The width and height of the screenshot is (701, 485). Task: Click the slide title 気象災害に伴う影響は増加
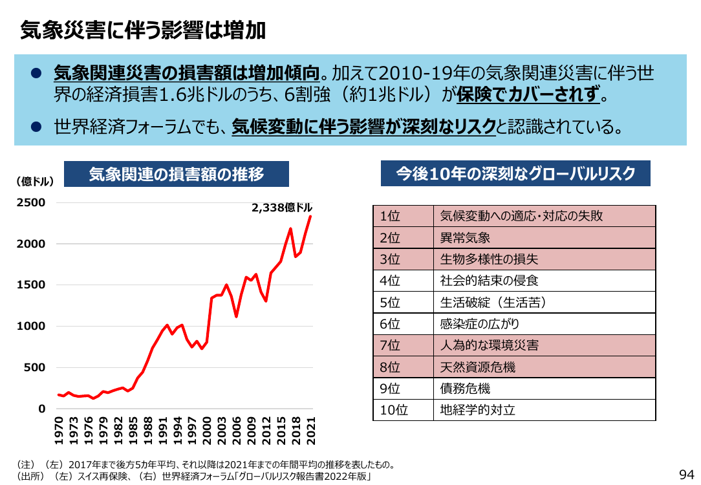click(x=143, y=31)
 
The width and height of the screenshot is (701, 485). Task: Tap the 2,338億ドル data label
click(x=282, y=208)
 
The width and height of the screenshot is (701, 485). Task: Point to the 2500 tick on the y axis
click(x=31, y=202)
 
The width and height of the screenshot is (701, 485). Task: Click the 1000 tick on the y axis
click(x=31, y=326)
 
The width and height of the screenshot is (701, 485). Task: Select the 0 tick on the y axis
click(x=41, y=409)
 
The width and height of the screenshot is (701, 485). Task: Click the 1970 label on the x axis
click(x=59, y=431)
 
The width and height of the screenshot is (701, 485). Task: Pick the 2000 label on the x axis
click(x=207, y=431)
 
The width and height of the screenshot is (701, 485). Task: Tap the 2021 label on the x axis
click(x=311, y=431)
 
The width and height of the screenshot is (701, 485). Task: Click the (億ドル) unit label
click(x=35, y=181)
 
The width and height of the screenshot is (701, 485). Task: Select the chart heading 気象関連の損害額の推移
click(x=177, y=174)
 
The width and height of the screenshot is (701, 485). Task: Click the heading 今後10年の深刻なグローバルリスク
click(x=515, y=173)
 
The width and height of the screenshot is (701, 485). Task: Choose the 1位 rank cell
click(x=404, y=217)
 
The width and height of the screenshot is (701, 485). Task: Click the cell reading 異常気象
click(x=545, y=238)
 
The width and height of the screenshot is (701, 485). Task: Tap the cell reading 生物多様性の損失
click(x=545, y=259)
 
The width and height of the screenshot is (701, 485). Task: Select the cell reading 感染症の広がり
click(x=545, y=324)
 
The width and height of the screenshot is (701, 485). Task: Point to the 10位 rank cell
click(x=404, y=410)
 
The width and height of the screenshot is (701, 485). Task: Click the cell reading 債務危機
click(x=545, y=389)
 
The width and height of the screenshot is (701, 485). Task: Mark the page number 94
click(x=687, y=474)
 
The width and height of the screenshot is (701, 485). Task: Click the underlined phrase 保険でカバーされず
click(x=528, y=94)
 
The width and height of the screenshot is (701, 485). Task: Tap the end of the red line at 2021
click(x=310, y=217)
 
